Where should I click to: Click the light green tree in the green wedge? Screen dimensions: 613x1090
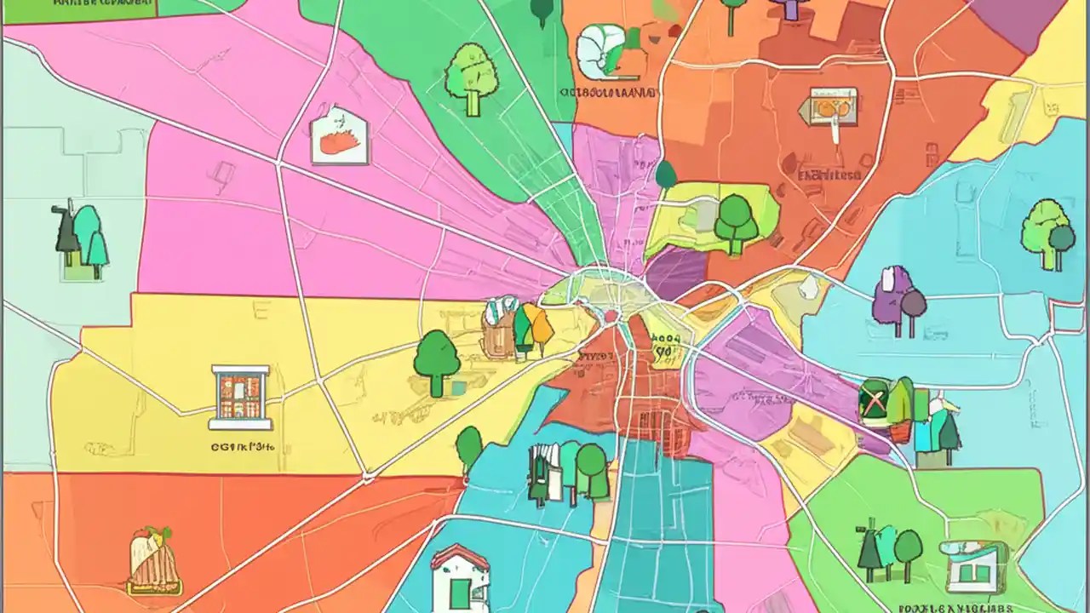[x=470, y=77]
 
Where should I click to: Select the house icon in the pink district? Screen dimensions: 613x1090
[x=340, y=136]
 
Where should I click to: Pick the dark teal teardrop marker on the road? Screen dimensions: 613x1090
[x=666, y=175]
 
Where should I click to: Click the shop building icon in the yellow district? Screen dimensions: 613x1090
[x=240, y=396]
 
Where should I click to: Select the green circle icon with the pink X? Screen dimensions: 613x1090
[x=875, y=400]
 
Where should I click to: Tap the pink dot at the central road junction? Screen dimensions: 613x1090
[x=611, y=318]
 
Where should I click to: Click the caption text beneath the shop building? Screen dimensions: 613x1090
[x=242, y=444]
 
